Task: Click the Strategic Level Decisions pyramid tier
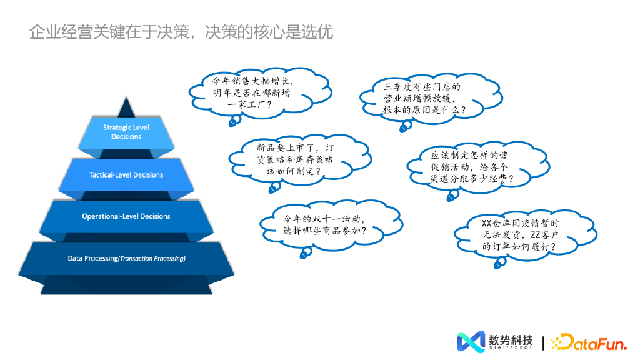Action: pos(126,132)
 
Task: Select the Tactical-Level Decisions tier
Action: pos(126,175)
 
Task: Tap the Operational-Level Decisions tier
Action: pos(126,216)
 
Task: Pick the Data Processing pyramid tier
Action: pos(126,258)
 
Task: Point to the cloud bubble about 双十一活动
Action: pos(327,225)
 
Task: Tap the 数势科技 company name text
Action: pos(511,340)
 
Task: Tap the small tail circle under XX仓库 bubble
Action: pos(498,264)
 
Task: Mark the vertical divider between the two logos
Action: pos(543,342)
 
